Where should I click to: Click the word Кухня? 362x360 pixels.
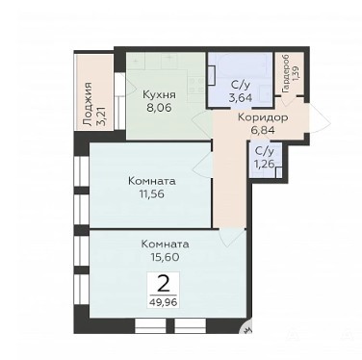[159, 95]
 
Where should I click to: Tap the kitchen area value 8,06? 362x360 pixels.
[159, 108]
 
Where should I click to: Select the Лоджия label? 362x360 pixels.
[87, 104]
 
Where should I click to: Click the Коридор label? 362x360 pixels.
[263, 118]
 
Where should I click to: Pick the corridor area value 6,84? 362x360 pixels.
[263, 130]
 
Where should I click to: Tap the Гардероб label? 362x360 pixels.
[285, 74]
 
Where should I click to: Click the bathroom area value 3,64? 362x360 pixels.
[240, 97]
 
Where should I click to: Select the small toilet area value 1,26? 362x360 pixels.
[265, 164]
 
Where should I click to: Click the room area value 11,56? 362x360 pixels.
[152, 193]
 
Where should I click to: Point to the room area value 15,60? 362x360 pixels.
[165, 257]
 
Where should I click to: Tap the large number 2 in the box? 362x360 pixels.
[164, 284]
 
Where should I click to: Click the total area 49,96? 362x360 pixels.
[163, 302]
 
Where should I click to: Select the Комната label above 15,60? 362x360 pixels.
[165, 244]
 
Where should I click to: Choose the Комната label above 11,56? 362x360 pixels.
[152, 181]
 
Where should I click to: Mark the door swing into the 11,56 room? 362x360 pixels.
[201, 164]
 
